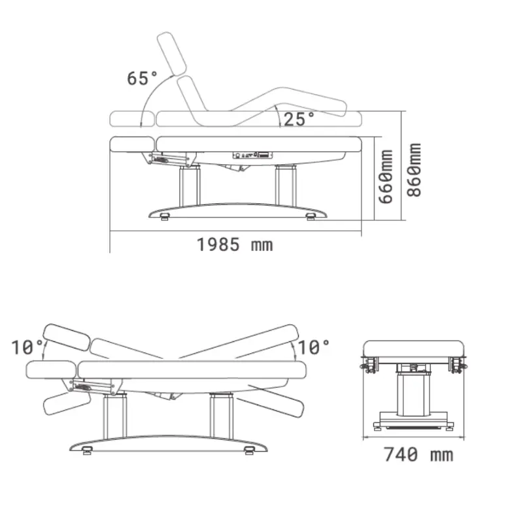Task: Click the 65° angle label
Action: click(142, 78)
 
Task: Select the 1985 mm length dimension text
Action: click(235, 245)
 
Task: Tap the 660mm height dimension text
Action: click(387, 176)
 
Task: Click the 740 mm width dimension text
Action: click(418, 454)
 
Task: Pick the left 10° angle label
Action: click(27, 346)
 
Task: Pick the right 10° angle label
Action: click(314, 346)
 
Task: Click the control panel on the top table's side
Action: click(252, 156)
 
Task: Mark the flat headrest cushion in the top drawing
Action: click(133, 143)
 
